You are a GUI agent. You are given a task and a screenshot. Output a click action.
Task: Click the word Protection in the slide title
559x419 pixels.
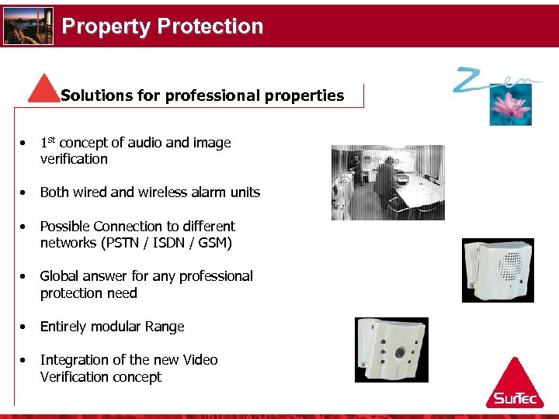210,26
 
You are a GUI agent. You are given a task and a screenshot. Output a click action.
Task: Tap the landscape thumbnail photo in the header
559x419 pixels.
29,26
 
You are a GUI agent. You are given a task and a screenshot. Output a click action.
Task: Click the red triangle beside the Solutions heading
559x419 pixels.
43,88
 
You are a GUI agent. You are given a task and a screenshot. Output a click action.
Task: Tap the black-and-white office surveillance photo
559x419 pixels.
387,182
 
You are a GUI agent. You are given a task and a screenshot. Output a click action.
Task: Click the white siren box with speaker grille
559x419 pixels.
497,269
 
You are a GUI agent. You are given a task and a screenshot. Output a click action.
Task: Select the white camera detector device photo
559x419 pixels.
391,349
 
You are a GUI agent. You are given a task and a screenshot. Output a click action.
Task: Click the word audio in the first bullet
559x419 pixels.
146,143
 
